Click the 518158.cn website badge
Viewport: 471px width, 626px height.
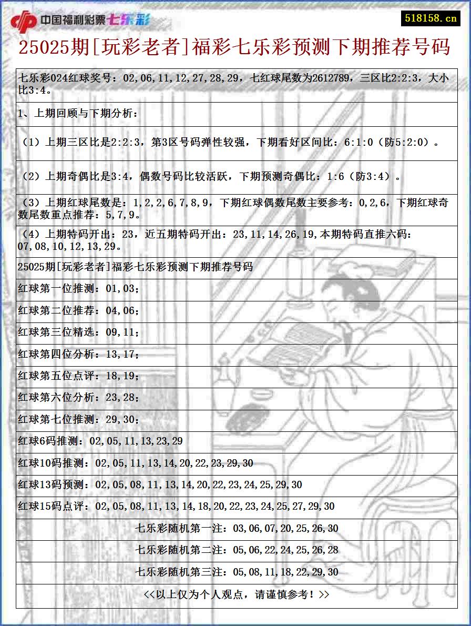point(431,18)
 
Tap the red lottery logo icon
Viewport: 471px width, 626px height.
point(24,22)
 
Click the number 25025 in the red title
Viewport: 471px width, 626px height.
point(44,47)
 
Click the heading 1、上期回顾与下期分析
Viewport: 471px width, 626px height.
point(78,113)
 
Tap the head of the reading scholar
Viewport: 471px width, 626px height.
point(342,295)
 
